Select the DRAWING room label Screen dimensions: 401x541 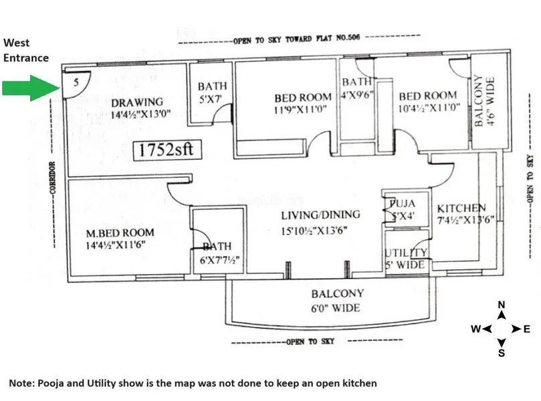[137, 108]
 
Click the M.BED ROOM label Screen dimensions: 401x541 [120, 239]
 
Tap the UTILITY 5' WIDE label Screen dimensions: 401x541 [405, 258]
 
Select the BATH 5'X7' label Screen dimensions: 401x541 [212, 92]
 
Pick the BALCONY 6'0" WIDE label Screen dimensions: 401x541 [337, 300]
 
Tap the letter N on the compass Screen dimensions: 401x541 [502, 305]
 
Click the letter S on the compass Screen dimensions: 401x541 [502, 354]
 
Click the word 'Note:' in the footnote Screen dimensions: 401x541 [21, 383]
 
